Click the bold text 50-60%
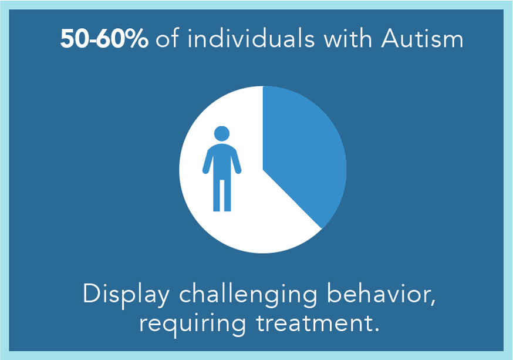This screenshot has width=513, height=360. point(104,39)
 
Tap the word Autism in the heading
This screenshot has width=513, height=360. point(423,39)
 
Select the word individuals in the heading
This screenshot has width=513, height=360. point(251,38)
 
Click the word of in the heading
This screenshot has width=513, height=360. point(167,38)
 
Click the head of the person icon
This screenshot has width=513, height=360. point(222,134)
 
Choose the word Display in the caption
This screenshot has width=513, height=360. point(126,295)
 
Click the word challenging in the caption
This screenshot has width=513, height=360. point(248,295)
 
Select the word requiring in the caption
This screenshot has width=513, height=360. point(193,324)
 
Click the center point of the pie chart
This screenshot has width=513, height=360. point(263,170)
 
